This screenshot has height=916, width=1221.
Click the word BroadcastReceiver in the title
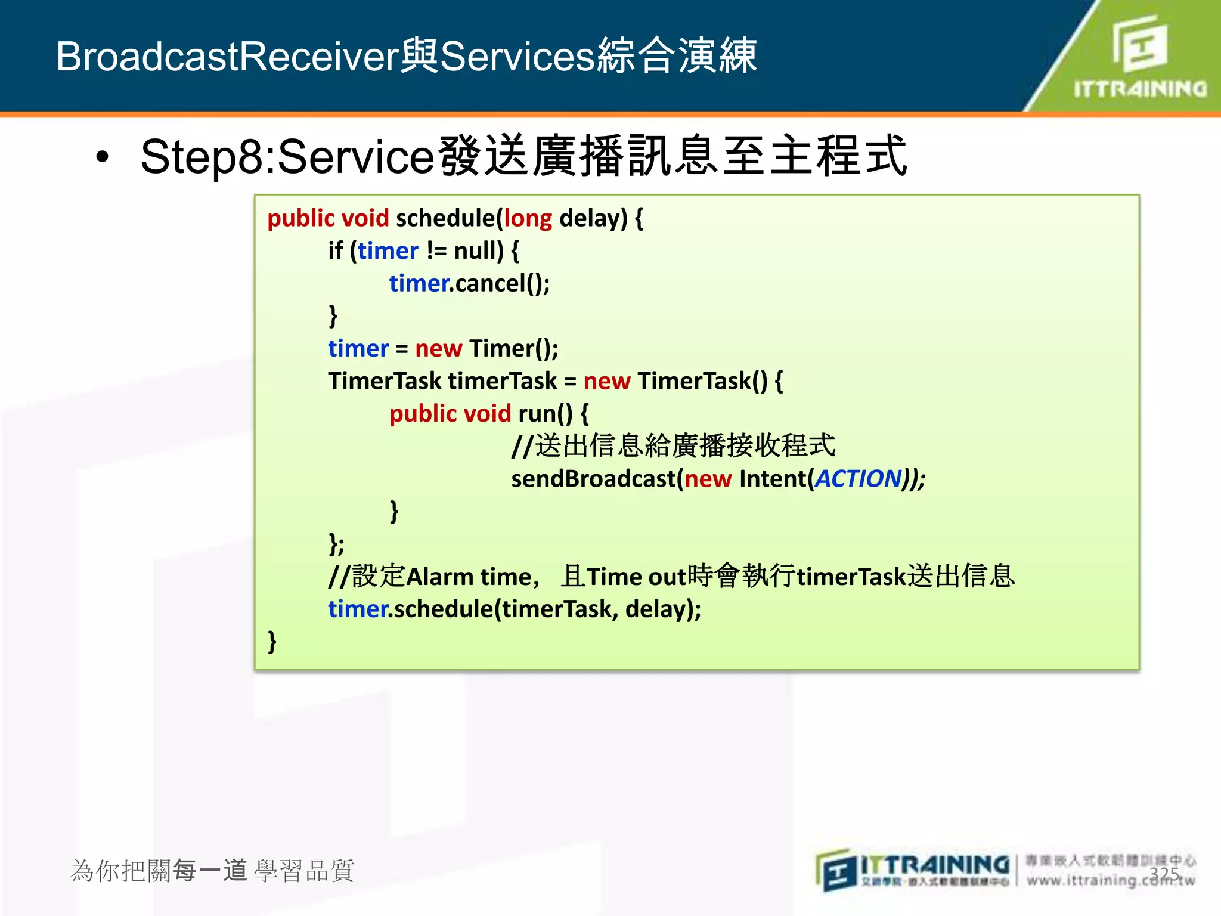(227, 57)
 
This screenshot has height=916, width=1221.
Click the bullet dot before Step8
(103, 157)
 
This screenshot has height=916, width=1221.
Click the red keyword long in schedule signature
(528, 218)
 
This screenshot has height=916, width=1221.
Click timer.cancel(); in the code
(469, 284)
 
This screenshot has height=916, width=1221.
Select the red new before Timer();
(438, 349)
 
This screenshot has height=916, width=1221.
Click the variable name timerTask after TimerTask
(502, 381)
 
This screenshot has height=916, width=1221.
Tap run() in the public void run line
(545, 414)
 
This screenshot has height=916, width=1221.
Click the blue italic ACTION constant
(857, 479)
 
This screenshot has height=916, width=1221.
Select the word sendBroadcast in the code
(593, 479)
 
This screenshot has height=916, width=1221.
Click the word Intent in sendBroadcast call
(772, 479)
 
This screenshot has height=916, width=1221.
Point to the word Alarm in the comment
(440, 577)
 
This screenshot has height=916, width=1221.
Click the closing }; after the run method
(336, 543)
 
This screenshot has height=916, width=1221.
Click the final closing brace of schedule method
(272, 642)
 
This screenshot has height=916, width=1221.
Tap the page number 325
(1164, 874)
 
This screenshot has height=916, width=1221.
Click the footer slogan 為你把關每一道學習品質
(212, 871)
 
